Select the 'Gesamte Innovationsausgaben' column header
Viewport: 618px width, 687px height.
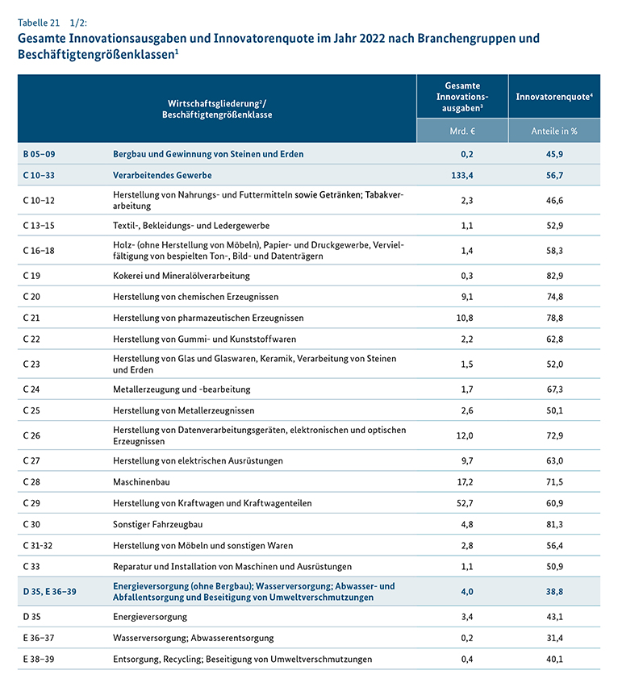462,97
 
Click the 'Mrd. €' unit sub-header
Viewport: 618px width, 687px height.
462,130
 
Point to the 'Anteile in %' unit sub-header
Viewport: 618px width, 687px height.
554,130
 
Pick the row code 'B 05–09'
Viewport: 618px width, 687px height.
40,153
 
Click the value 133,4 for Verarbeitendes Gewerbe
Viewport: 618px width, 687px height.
462,174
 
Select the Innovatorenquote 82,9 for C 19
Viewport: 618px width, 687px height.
554,276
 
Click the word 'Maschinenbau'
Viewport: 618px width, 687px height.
142,482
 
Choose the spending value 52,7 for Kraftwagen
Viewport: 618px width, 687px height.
462,503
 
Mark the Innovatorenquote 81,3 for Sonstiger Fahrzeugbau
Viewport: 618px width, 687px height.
554,524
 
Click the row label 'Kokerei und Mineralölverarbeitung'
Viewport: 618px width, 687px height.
182,276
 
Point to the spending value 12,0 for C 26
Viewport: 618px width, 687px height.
462,435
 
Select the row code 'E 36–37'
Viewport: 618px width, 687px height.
40,638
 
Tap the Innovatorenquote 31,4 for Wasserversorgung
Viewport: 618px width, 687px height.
554,638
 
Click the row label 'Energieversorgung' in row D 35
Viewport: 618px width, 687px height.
150,617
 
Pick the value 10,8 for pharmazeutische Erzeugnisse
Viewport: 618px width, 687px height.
462,318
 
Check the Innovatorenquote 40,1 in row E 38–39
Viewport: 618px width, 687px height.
554,659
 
